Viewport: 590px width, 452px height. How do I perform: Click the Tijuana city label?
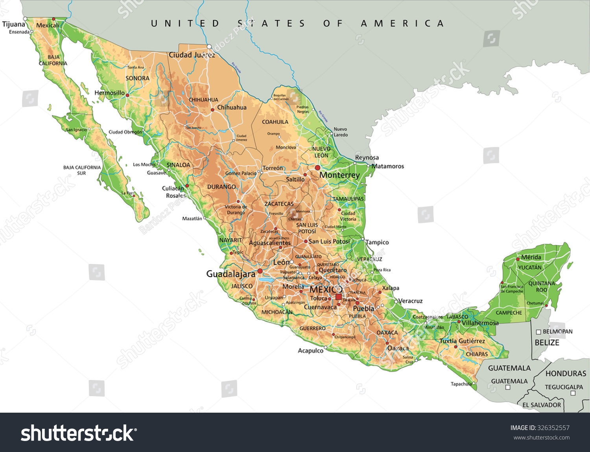[x=14, y=24]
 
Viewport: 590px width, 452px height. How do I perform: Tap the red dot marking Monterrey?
[x=317, y=168]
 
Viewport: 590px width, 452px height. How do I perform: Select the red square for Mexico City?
[x=338, y=297]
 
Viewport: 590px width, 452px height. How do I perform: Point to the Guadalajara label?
[x=230, y=274]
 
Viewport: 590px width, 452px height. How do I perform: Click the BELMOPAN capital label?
[x=557, y=332]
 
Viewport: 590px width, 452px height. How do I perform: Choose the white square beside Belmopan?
[x=538, y=332]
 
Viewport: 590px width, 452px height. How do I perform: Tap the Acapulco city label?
[x=310, y=351]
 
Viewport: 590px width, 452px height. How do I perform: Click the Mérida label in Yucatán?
[x=531, y=257]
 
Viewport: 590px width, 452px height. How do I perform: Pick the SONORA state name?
[x=137, y=78]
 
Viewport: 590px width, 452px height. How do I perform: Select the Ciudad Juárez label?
[x=192, y=55]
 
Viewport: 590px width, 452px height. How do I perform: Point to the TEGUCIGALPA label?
[x=564, y=387]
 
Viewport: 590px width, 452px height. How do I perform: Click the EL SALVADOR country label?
[x=542, y=405]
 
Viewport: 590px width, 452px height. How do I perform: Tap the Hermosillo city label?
[x=109, y=93]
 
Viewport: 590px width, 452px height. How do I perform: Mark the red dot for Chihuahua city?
[x=213, y=110]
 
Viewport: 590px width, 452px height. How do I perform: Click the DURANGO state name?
[x=221, y=187]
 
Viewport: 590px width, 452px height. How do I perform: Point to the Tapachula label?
[x=461, y=384]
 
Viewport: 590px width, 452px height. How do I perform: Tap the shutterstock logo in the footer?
[x=78, y=434]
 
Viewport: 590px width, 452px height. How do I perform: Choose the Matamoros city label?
[x=388, y=166]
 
